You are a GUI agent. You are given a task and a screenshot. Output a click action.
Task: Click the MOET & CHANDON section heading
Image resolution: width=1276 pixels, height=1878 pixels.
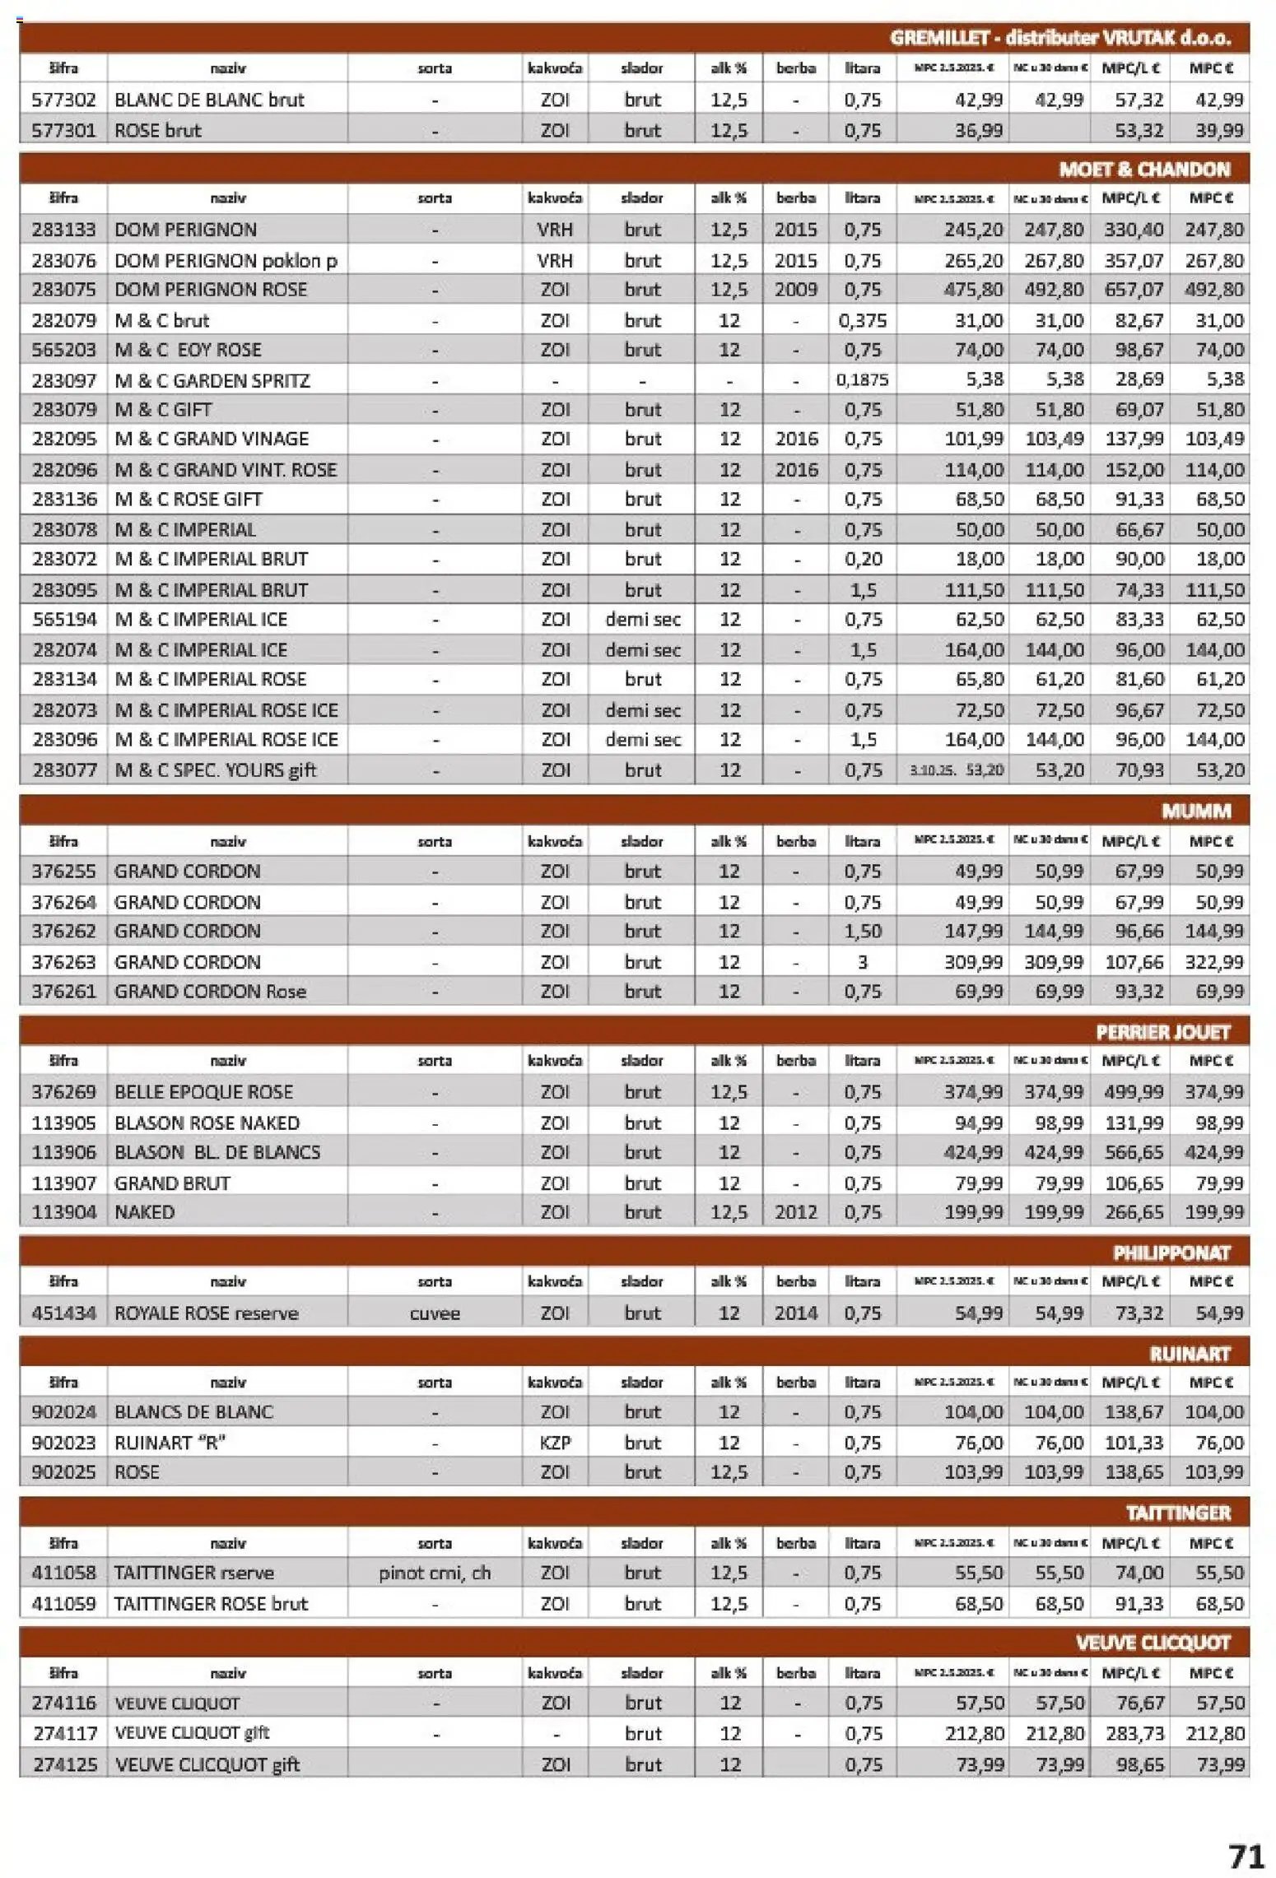point(1143,170)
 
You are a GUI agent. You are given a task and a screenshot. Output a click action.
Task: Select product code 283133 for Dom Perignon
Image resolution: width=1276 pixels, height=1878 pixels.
point(63,230)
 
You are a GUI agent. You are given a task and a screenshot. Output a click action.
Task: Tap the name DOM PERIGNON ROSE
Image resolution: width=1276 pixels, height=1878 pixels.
point(211,290)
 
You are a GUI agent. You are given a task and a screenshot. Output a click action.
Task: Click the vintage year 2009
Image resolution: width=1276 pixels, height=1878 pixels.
point(795,290)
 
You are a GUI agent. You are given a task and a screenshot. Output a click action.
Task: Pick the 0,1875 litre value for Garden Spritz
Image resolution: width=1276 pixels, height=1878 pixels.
point(862,380)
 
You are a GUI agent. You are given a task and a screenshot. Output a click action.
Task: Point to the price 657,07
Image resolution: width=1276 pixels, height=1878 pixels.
point(1134,290)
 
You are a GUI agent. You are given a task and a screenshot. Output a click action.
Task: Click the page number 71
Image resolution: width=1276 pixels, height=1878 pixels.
point(1245,1857)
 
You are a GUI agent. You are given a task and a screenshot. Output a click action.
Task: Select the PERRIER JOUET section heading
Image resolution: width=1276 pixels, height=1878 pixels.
point(1162,1032)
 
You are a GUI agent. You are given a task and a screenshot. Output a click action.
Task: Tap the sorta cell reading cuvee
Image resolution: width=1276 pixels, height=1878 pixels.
point(434,1313)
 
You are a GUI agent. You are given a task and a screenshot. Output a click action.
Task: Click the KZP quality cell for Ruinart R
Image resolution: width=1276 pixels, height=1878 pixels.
point(555,1443)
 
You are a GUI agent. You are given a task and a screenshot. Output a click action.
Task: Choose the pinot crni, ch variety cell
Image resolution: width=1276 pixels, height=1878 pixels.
point(434,1573)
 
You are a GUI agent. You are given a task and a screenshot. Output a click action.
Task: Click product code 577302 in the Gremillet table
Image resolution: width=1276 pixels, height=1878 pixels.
point(63,100)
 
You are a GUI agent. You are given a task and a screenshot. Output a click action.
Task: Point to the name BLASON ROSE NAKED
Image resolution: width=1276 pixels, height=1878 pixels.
point(207,1123)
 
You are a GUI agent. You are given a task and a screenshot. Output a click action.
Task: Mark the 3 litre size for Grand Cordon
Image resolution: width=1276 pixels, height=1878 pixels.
point(862,962)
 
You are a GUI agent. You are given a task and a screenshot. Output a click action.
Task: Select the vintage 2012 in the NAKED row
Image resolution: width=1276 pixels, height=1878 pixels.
point(795,1212)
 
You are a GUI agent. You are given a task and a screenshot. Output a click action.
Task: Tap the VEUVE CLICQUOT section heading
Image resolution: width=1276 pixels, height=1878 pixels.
point(1152,1643)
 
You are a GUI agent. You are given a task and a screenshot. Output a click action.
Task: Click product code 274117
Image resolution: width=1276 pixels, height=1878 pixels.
point(63,1733)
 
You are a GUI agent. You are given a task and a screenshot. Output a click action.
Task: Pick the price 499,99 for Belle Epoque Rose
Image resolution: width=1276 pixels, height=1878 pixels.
point(1134,1092)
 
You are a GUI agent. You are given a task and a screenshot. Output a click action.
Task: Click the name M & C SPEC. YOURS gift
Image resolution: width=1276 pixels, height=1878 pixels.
point(215,770)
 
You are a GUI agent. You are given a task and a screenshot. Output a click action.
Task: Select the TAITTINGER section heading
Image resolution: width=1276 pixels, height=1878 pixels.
point(1177,1513)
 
